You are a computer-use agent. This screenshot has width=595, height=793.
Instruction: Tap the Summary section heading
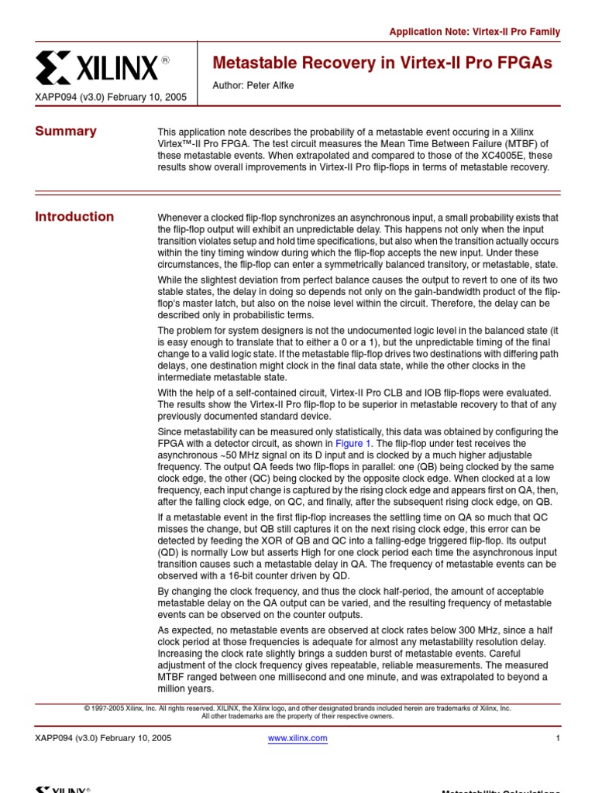pyautogui.click(x=66, y=131)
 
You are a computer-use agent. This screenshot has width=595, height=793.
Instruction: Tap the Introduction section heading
pyautogui.click(x=74, y=217)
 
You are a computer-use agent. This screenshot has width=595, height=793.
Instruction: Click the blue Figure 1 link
pyautogui.click(x=353, y=443)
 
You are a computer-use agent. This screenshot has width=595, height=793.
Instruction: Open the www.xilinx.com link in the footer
pyautogui.click(x=297, y=738)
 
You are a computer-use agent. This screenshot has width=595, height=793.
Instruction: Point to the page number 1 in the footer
pyautogui.click(x=557, y=738)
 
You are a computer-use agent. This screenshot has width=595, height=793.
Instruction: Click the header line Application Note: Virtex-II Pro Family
pyautogui.click(x=474, y=32)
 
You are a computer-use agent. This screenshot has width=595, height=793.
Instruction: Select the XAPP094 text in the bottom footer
pyautogui.click(x=54, y=738)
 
